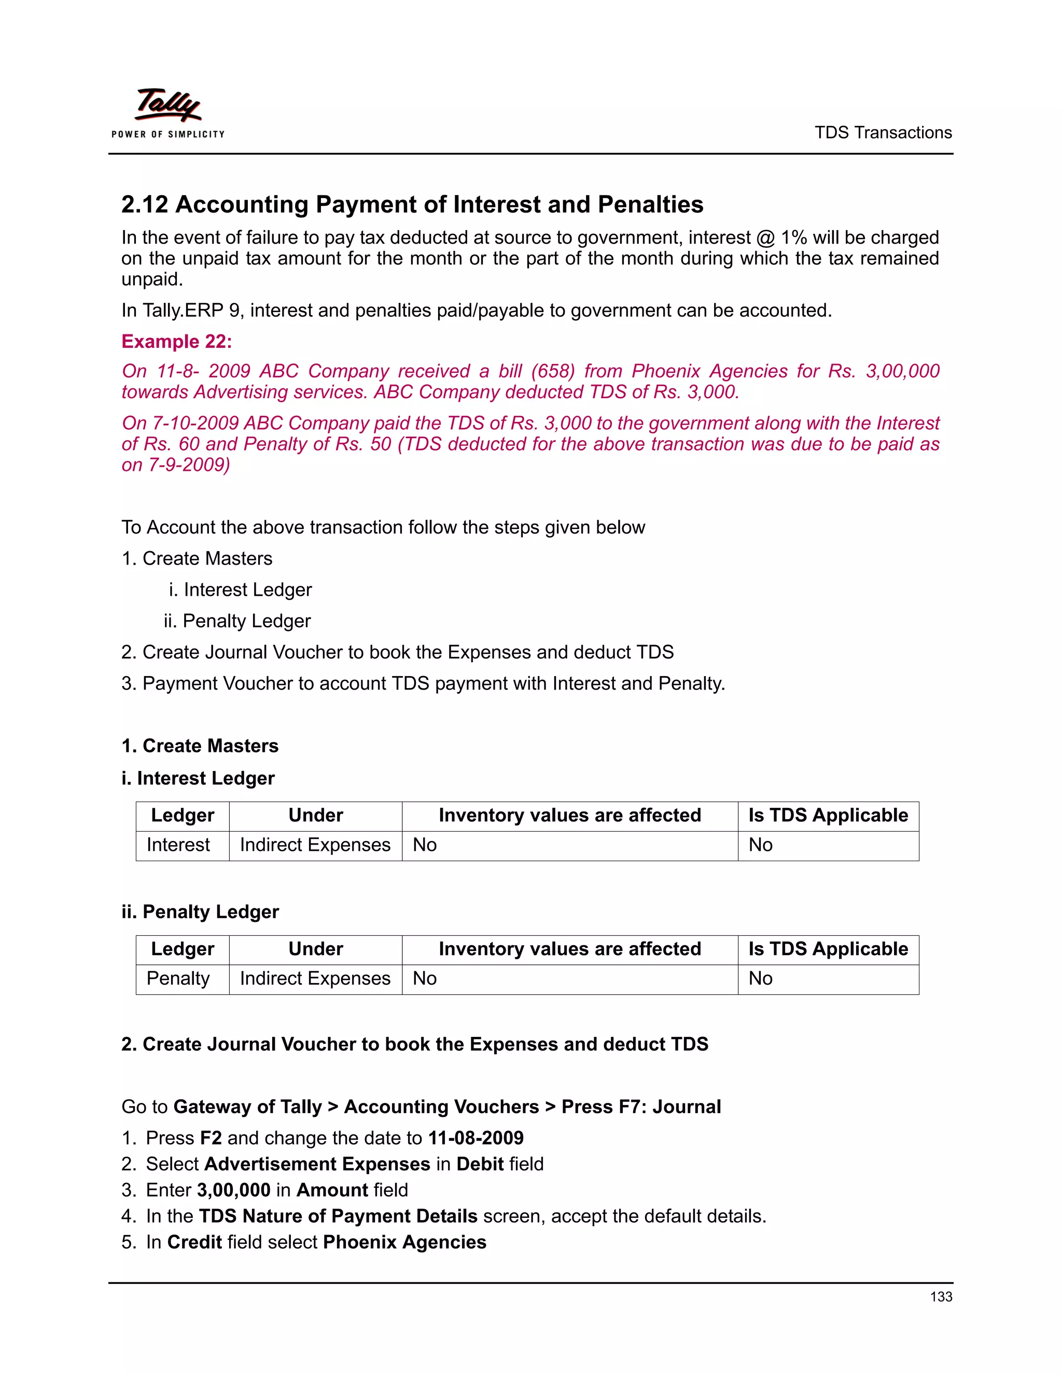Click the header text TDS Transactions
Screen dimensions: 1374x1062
[x=883, y=133]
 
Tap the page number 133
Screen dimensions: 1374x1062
[x=941, y=1297]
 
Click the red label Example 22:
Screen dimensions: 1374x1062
[x=177, y=342]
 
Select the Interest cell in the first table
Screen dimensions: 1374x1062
[x=178, y=845]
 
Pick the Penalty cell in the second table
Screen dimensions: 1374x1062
[x=178, y=978]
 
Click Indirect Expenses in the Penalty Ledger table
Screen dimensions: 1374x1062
[x=315, y=978]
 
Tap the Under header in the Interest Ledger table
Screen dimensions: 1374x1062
[x=315, y=816]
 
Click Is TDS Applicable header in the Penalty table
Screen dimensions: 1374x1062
[x=828, y=949]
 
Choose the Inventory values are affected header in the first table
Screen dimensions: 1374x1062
[x=569, y=816]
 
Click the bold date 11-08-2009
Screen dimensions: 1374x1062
[x=476, y=1138]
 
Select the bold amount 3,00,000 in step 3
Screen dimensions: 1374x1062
[x=233, y=1190]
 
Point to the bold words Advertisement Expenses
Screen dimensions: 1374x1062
[x=317, y=1164]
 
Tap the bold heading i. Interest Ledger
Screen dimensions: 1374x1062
[x=198, y=778]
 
